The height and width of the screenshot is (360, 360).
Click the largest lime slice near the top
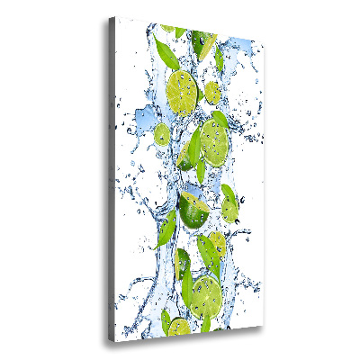pyautogui.click(x=183, y=88)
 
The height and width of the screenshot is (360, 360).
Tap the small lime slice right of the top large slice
pyautogui.click(x=212, y=92)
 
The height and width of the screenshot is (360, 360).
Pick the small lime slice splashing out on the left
pyautogui.click(x=161, y=135)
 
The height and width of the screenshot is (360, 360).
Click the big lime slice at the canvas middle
pyautogui.click(x=215, y=138)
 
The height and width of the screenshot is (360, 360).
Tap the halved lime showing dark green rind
pyautogui.click(x=193, y=211)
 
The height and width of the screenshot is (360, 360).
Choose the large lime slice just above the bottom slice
pyautogui.click(x=206, y=292)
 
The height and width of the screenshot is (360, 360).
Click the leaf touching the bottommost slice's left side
pyautogui.click(x=166, y=319)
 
